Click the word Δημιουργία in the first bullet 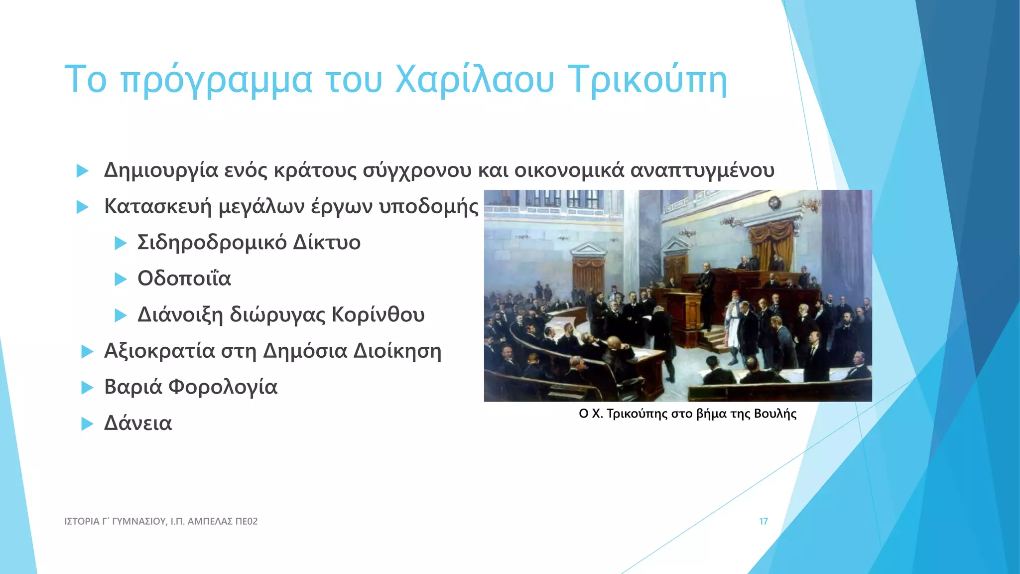pos(161,171)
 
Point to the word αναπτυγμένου pos(702,171)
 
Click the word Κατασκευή pos(158,206)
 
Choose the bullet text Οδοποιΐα pos(184,279)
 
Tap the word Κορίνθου pos(378,315)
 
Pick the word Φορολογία pos(223,387)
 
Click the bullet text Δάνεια pos(138,424)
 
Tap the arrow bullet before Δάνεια pos(87,424)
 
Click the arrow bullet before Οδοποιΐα pos(121,279)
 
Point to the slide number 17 pos(763,521)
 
